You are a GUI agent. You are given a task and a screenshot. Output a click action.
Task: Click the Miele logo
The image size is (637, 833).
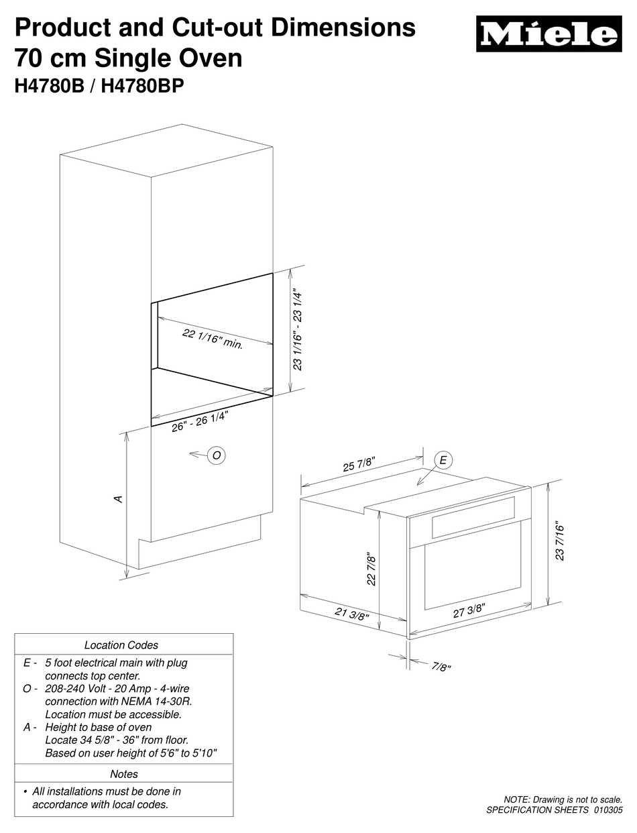pyautogui.click(x=548, y=34)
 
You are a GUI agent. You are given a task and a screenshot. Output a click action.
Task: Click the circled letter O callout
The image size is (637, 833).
pyautogui.click(x=216, y=455)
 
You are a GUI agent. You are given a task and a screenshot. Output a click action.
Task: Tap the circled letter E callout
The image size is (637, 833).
pyautogui.click(x=443, y=460)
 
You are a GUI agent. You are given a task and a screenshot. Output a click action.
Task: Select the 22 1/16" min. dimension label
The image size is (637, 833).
pyautogui.click(x=213, y=340)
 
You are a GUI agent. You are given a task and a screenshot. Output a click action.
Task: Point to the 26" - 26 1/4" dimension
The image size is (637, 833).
pyautogui.click(x=200, y=421)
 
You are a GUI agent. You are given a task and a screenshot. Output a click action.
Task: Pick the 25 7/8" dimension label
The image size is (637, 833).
pyautogui.click(x=359, y=463)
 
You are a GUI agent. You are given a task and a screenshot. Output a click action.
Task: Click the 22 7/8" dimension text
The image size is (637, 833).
pyautogui.click(x=371, y=569)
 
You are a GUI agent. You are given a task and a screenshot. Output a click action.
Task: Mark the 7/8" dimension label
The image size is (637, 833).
pyautogui.click(x=441, y=667)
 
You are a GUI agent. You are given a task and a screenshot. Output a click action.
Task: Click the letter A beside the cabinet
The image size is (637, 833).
pyautogui.click(x=118, y=498)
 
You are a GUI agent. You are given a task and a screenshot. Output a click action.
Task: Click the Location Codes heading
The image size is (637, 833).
pyautogui.click(x=121, y=645)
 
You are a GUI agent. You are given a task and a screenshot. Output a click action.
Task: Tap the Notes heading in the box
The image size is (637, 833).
pyautogui.click(x=124, y=774)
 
